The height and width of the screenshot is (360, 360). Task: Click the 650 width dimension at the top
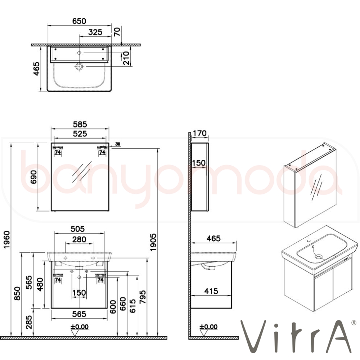79,21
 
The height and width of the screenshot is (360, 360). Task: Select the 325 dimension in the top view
95,32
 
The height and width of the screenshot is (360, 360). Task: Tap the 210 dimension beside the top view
126,58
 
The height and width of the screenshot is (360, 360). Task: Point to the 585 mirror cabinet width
80,125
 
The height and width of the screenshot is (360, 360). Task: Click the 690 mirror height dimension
34,177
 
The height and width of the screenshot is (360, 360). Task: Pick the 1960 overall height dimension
7,240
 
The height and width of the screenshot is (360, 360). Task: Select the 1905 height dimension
153,242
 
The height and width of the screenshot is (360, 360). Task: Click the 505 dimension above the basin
78,229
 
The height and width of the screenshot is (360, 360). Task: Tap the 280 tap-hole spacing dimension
79,239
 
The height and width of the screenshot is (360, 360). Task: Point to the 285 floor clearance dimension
29,322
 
